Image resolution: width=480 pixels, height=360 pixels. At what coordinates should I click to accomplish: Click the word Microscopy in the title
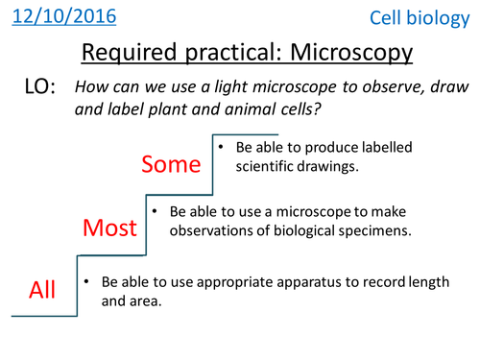point(336,51)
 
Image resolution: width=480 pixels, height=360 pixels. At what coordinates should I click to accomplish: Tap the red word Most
point(110,228)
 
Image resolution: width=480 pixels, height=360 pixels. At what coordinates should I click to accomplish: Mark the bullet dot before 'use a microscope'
point(153,208)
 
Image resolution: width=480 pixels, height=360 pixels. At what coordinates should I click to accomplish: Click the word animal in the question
point(230,108)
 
